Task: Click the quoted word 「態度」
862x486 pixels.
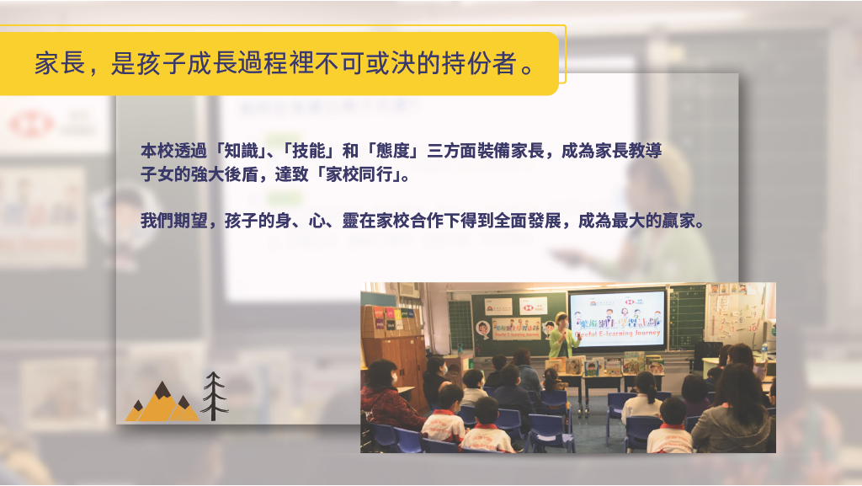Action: (393, 151)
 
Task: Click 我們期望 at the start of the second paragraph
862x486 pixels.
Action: (173, 221)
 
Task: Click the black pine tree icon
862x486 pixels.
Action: (214, 396)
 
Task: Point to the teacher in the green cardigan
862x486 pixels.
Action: (561, 336)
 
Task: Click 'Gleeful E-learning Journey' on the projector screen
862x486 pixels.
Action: (619, 334)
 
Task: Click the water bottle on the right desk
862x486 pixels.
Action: (764, 351)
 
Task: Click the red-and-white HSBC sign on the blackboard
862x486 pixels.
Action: (533, 307)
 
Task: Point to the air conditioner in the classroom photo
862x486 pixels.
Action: (409, 290)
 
